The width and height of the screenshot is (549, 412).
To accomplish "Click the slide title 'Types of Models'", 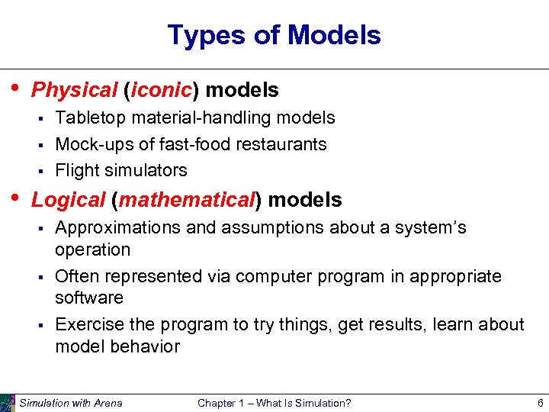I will (x=274, y=35).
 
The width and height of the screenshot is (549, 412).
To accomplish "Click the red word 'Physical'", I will (x=74, y=90).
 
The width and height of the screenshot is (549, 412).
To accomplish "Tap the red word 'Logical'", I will (x=68, y=200).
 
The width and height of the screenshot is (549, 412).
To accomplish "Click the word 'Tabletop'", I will (x=90, y=117).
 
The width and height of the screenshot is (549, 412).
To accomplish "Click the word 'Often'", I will (x=76, y=276).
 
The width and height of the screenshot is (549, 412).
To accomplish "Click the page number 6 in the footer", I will (x=539, y=403).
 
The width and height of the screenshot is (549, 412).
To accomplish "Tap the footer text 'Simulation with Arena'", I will (x=70, y=403).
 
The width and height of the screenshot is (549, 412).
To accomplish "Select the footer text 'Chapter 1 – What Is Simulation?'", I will (x=274, y=403).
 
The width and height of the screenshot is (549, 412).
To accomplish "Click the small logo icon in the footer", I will (x=8, y=402).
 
